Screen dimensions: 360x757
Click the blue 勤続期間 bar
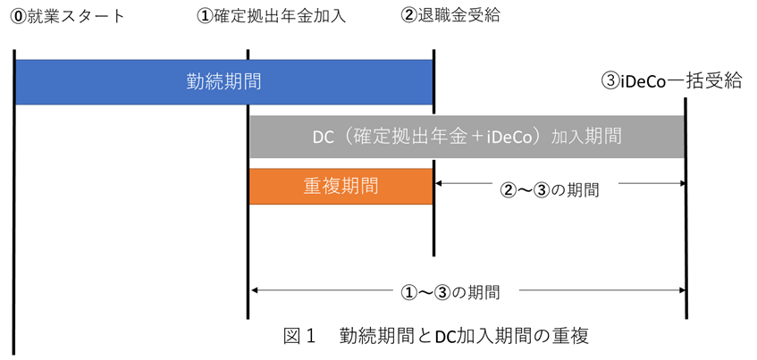coord(223,82)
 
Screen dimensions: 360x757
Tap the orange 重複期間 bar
coord(341,187)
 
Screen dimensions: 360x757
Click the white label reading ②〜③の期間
coord(555,190)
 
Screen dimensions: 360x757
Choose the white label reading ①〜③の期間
coord(456,292)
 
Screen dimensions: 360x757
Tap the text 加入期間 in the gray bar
coord(587,138)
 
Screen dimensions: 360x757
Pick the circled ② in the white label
coord(508,190)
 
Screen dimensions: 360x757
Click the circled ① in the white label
coord(408,292)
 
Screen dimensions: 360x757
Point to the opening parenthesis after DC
coord(344,138)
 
